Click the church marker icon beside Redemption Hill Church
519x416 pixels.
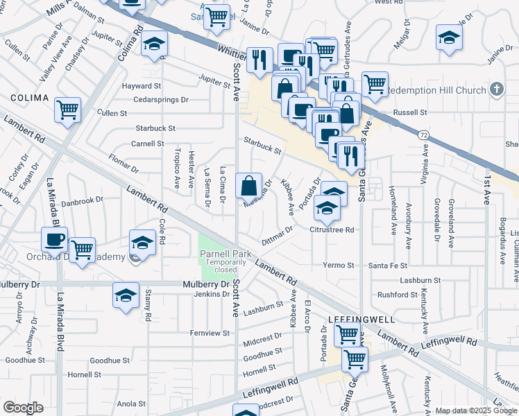tap(495, 89)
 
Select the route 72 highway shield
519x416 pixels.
tap(423, 135)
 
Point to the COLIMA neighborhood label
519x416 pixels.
tap(28, 98)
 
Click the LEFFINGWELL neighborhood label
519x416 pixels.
tap(361, 320)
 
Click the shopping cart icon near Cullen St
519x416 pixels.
tap(68, 109)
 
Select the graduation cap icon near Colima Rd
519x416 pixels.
tap(153, 45)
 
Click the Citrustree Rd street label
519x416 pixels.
tap(332, 229)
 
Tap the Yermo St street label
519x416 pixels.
tap(339, 266)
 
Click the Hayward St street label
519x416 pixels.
tap(142, 86)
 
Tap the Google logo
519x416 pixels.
tap(23, 408)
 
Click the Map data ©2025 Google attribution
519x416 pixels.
tap(475, 410)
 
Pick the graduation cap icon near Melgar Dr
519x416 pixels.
tap(449, 37)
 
